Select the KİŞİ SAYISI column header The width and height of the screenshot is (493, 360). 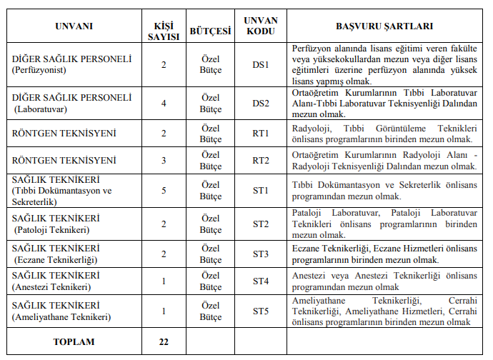pos(164,26)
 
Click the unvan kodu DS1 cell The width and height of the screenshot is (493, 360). pos(261,65)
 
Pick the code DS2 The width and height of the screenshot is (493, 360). pos(261,104)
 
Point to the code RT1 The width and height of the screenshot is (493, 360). pos(261,134)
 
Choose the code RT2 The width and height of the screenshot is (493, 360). pos(261,161)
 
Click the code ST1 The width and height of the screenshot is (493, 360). pos(261,191)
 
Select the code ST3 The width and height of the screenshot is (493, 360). pos(261,254)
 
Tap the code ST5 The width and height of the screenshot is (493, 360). pos(261,311)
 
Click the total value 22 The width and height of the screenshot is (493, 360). pos(164,341)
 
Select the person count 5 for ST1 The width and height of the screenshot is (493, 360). pos(164,191)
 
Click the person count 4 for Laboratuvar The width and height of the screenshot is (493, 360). pos(164,104)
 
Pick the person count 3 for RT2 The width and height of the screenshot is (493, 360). pos(164,161)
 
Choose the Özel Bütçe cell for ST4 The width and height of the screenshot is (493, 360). pos(211,281)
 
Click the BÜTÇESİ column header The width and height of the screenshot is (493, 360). pos(211,32)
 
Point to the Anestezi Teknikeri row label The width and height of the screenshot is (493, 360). pos(53,287)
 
